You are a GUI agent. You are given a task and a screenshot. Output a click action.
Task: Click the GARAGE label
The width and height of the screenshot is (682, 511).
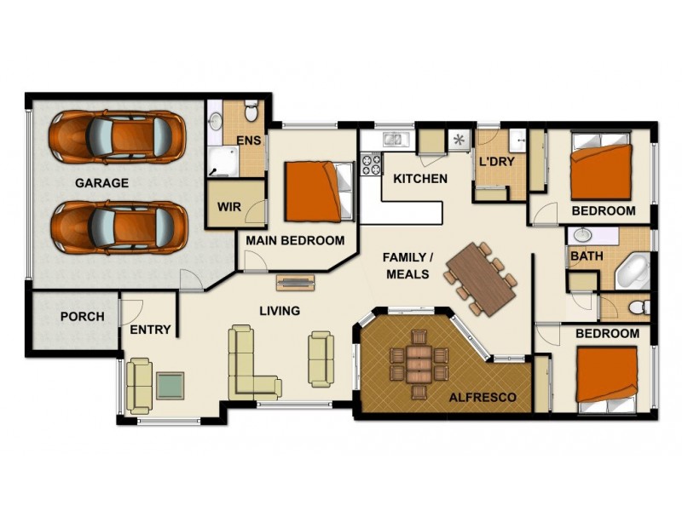coord(101,182)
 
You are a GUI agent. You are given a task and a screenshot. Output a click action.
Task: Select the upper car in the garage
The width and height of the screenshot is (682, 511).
coord(117,136)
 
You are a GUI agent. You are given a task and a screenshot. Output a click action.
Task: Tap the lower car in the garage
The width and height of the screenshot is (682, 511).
coord(117,226)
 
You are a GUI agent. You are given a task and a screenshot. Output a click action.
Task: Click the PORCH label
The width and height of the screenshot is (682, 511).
coord(82,317)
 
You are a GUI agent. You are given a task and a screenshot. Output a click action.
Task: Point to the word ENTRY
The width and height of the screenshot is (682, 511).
coord(150,330)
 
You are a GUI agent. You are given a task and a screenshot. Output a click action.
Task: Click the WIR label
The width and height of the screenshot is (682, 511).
coord(228,207)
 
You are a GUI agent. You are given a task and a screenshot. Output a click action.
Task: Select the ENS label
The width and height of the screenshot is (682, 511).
coord(248,141)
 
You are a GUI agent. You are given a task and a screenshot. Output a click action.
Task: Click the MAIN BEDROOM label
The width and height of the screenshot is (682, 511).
coord(295,241)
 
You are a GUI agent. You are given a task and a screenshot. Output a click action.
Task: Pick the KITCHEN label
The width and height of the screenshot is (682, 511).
coord(419,179)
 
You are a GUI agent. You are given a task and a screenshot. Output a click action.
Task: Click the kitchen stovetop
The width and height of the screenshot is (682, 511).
coord(372,164)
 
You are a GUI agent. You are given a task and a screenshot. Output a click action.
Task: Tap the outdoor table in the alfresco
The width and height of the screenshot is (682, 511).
coord(418,365)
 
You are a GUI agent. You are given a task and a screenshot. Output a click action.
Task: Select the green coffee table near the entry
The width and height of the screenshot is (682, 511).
coord(170,386)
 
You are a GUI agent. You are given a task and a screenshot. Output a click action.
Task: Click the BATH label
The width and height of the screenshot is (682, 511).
coord(587,255)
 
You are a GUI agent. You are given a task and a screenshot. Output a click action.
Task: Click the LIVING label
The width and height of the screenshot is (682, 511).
coord(280,311)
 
